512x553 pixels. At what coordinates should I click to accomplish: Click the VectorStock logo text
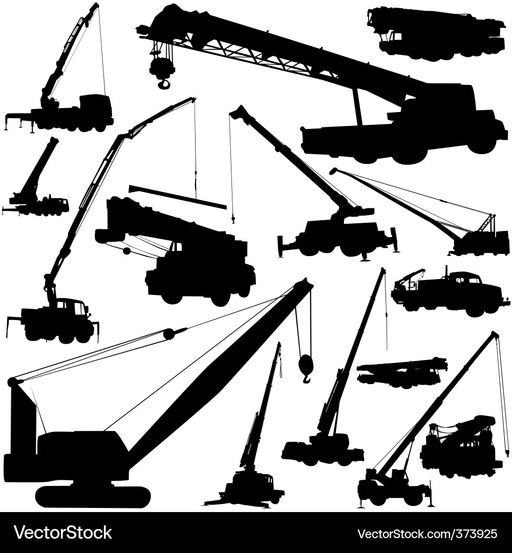(x=63, y=533)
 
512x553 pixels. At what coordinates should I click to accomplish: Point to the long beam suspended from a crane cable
(x=178, y=197)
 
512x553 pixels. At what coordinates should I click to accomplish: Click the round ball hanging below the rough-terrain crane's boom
(x=126, y=251)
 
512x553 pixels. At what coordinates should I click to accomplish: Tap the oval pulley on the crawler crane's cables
(x=174, y=333)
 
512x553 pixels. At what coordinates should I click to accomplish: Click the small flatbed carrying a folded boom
(x=402, y=372)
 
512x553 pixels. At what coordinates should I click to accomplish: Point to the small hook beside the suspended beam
(x=233, y=219)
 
